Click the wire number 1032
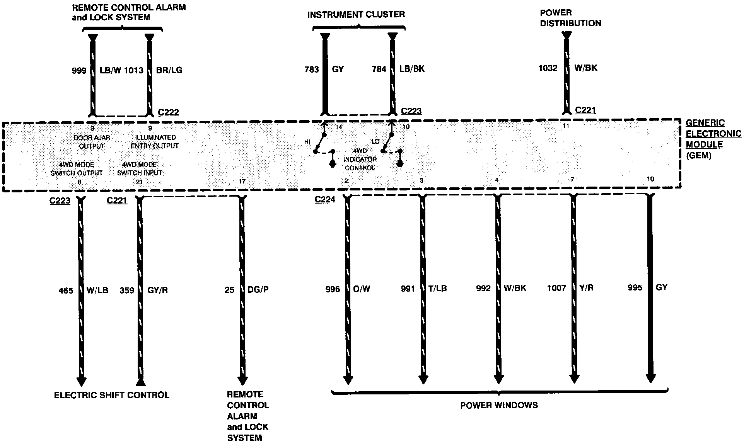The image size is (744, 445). pyautogui.click(x=548, y=68)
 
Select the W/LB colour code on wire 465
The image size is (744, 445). pyautogui.click(x=97, y=290)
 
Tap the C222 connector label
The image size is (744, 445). pyautogui.click(x=169, y=113)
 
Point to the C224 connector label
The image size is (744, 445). pyautogui.click(x=325, y=200)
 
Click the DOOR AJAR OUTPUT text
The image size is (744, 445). pyautogui.click(x=92, y=142)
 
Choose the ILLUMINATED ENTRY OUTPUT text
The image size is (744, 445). pyautogui.click(x=155, y=142)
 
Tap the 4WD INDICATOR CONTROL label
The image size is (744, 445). pyautogui.click(x=360, y=159)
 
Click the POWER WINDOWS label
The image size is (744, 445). pyautogui.click(x=499, y=405)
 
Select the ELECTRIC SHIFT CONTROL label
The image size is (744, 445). pyautogui.click(x=111, y=395)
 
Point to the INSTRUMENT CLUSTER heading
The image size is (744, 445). pyautogui.click(x=356, y=15)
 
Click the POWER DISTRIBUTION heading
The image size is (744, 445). pyautogui.click(x=570, y=18)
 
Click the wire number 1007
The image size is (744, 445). pyautogui.click(x=556, y=288)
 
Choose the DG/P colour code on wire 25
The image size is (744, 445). pyautogui.click(x=258, y=290)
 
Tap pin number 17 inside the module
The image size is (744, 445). pyautogui.click(x=242, y=181)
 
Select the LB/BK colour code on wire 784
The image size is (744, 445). pyautogui.click(x=412, y=69)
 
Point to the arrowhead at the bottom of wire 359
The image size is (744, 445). pyautogui.click(x=140, y=382)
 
